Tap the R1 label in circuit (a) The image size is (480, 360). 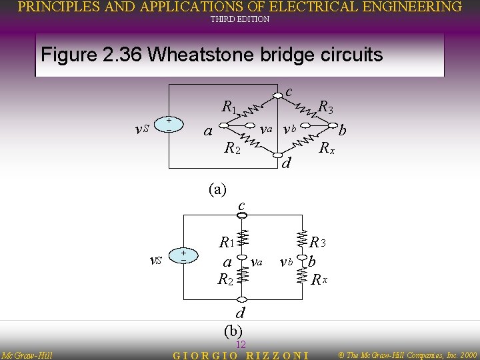(229, 107)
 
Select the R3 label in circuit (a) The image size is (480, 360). (326, 106)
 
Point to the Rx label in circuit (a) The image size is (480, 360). (327, 148)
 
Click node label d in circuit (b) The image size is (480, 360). (241, 313)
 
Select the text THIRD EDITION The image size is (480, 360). (240, 19)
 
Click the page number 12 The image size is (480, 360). (241, 344)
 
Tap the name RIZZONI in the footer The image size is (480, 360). (277, 354)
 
